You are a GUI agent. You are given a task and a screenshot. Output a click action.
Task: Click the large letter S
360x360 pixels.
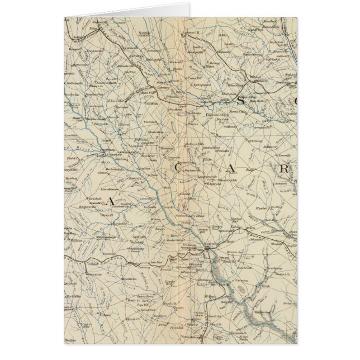[x=241, y=102]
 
